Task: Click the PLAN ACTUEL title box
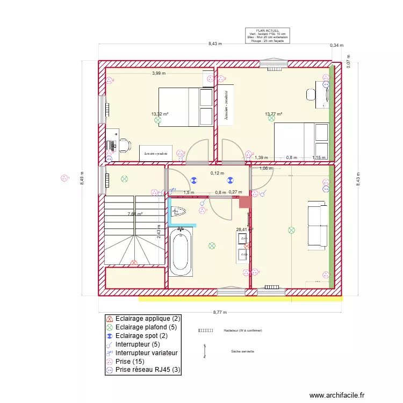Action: coord(268,35)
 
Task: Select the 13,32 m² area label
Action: coord(160,114)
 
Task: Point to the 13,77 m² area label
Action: coord(274,114)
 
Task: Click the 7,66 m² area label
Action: coord(135,214)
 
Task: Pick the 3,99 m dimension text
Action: coord(159,73)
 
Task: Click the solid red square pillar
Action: coord(245,202)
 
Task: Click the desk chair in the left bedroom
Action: coord(124,144)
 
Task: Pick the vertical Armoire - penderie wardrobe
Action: coord(226,104)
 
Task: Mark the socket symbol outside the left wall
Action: coord(65,178)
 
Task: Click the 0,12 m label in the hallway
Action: coord(217,173)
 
